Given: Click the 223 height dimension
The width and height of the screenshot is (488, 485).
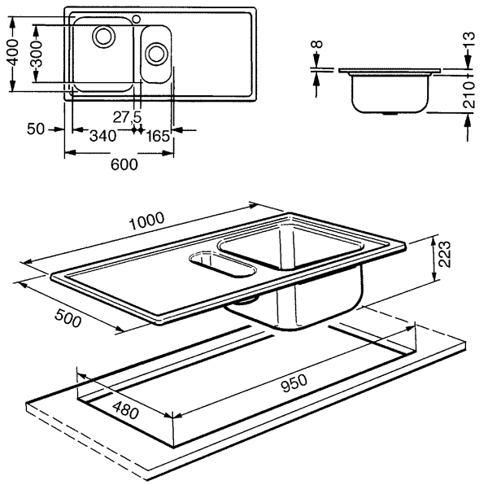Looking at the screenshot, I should pyautogui.click(x=442, y=259).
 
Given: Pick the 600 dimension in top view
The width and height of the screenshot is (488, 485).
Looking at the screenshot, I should pyautogui.click(x=123, y=164).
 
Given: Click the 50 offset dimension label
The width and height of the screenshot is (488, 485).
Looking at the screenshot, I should pyautogui.click(x=34, y=129).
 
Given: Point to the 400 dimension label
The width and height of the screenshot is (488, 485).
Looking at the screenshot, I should pyautogui.click(x=11, y=56).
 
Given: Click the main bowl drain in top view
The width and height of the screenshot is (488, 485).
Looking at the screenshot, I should pyautogui.click(x=103, y=35).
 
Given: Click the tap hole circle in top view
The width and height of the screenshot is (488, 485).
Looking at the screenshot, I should pyautogui.click(x=136, y=18).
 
